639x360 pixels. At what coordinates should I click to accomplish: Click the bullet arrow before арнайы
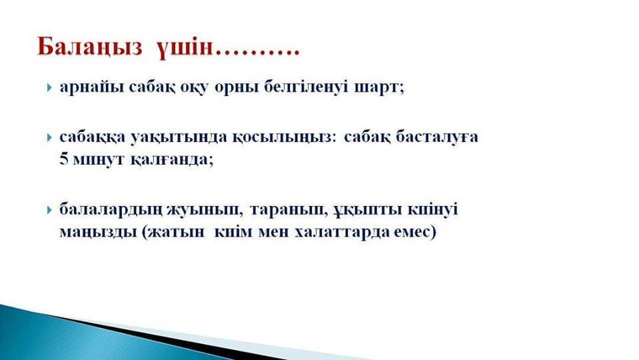[x=49, y=87]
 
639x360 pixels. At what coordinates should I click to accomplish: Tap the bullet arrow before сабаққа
[x=49, y=137]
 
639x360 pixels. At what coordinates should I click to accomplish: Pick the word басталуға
[x=437, y=137]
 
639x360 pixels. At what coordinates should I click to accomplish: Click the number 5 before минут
[x=63, y=159]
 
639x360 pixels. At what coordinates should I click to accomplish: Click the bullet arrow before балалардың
[x=49, y=211]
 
